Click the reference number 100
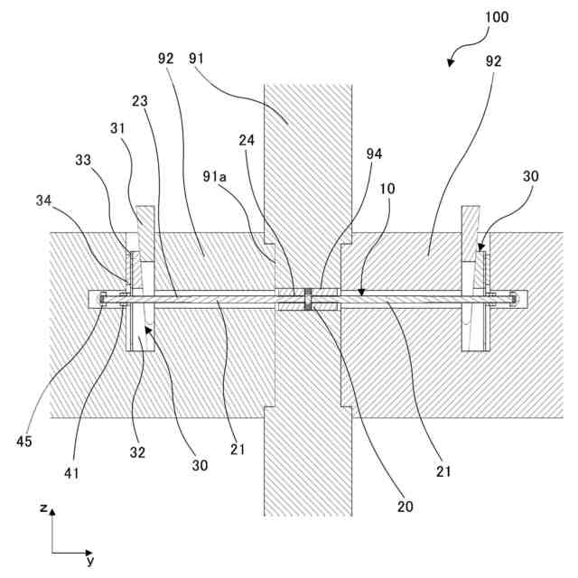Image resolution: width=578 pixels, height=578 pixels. coord(496,17)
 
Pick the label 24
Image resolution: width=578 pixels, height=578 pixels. coord(247,140)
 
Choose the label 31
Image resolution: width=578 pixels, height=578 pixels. coord(118,128)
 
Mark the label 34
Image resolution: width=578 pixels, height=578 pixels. coord(43,199)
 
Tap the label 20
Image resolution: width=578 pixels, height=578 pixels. coord(405,505)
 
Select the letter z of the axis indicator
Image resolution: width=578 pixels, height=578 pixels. coord(42,508)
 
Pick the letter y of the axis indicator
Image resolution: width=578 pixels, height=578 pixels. coord(89,561)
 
